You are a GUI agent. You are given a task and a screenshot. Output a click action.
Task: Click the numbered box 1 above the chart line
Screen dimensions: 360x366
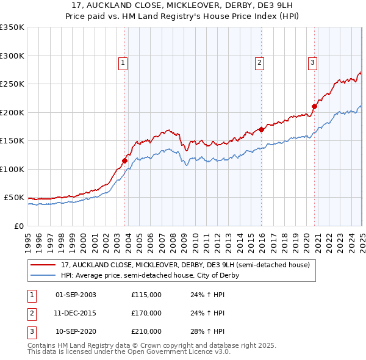click(x=123, y=62)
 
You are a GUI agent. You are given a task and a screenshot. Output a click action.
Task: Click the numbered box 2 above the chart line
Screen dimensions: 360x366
click(x=260, y=62)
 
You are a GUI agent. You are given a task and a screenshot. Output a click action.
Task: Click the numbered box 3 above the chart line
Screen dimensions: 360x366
click(x=312, y=62)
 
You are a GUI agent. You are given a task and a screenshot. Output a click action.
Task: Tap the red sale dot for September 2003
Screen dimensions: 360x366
click(x=124, y=161)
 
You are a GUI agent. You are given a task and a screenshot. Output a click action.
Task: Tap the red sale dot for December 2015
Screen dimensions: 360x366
click(x=261, y=129)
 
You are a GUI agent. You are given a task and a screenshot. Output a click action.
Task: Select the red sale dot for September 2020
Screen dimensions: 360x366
click(x=315, y=107)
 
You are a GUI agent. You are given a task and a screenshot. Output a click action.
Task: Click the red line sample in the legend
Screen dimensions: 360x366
click(x=43, y=265)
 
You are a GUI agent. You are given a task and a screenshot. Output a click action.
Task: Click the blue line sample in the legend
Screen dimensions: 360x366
click(x=43, y=275)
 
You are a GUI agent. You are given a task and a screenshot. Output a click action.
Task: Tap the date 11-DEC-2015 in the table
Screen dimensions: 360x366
click(x=76, y=313)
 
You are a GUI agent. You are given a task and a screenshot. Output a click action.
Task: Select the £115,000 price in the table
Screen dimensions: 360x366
click(x=146, y=295)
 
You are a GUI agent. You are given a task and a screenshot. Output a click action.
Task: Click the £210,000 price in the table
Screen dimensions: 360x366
click(x=146, y=331)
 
